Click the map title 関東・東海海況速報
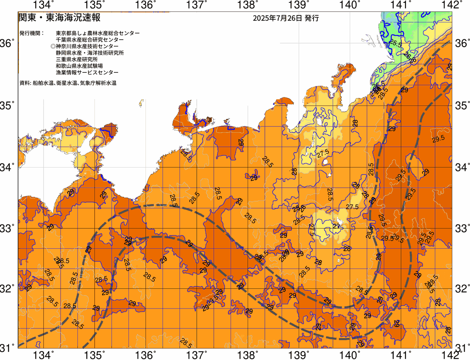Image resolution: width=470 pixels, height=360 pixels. pyautogui.click(x=59, y=18)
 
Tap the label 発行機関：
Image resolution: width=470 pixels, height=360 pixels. pyautogui.click(x=32, y=33)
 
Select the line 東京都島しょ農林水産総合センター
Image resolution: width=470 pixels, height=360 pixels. pyautogui.click(x=98, y=33)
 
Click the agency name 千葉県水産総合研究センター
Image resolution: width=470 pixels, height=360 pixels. pyautogui.click(x=90, y=40)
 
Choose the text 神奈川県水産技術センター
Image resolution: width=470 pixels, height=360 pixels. pyautogui.click(x=87, y=46)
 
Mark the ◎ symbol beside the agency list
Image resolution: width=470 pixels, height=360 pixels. pyautogui.click(x=53, y=46)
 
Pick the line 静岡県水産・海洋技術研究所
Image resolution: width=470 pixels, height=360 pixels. pyautogui.click(x=90, y=53)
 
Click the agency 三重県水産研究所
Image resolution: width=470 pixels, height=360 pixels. pyautogui.click(x=77, y=60)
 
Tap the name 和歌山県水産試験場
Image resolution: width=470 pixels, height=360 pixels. pyautogui.click(x=79, y=66)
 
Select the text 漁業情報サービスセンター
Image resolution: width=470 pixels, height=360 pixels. pyautogui.click(x=87, y=73)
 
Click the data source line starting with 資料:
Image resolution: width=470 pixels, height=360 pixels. pyautogui.click(x=68, y=83)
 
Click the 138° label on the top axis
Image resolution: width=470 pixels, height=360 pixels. pyautogui.click(x=246, y=5)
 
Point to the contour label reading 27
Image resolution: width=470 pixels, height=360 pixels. pyautogui.click(x=336, y=226)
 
